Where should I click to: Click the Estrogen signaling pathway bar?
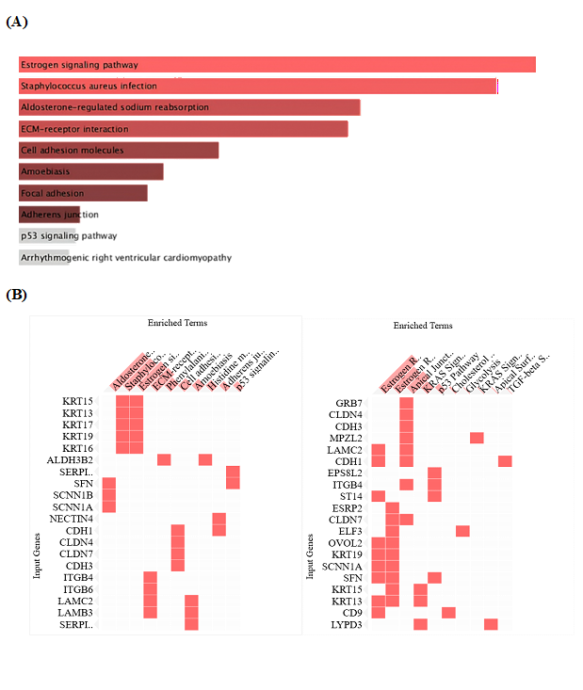277,65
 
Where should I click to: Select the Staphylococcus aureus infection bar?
258,87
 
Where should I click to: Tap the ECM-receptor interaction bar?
184,129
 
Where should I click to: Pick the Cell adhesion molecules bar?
119,151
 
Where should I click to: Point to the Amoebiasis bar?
91,171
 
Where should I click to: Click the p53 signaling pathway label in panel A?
69,236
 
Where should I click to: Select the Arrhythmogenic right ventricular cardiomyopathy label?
126,258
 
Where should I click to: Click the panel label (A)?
17,22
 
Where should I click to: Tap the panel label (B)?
17,295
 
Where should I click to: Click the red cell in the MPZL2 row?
477,438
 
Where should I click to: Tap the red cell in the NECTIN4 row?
219,517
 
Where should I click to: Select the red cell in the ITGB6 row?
150,588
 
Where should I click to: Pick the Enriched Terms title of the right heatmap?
422,326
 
